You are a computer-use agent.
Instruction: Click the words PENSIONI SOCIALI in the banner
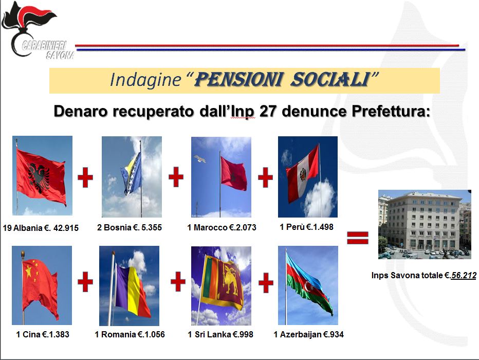(x=281, y=79)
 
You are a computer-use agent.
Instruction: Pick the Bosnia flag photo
(x=132, y=176)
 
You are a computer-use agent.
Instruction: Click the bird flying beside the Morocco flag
(x=199, y=158)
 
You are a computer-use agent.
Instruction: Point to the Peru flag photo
(x=308, y=176)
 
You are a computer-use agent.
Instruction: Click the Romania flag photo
(x=129, y=286)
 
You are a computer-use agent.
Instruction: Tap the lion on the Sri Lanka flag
(x=230, y=279)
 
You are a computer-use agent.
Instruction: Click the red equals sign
(x=357, y=238)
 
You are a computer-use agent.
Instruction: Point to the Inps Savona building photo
(x=425, y=224)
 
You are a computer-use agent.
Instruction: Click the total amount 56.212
(x=464, y=275)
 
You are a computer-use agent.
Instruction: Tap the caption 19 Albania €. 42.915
(x=41, y=228)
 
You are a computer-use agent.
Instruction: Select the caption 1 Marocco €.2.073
(x=222, y=227)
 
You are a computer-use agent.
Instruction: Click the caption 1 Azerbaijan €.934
(x=308, y=334)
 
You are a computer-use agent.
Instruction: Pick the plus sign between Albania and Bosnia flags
(x=85, y=177)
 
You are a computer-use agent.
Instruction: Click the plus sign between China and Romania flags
(x=85, y=282)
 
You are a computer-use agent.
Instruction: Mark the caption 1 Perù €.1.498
(x=306, y=227)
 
